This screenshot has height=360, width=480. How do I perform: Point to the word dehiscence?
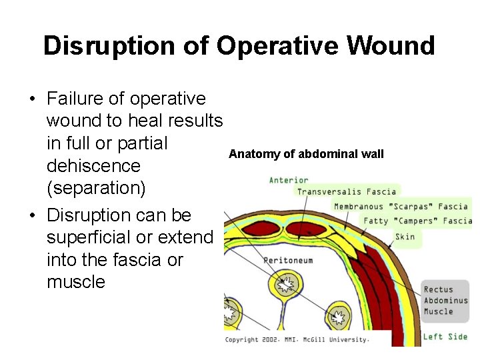pyautogui.click(x=93, y=165)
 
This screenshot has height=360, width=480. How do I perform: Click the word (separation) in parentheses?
pyautogui.click(x=96, y=188)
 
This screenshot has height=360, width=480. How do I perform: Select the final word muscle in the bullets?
pyautogui.click(x=76, y=281)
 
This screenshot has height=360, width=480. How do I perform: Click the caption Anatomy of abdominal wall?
pyautogui.click(x=306, y=154)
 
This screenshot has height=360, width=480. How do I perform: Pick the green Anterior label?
pyautogui.click(x=289, y=180)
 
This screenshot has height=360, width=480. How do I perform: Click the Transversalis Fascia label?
pyautogui.click(x=347, y=192)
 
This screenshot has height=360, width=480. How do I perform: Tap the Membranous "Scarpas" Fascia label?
pyautogui.click(x=401, y=207)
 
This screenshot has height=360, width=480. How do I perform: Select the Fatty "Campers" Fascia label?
pyautogui.click(x=417, y=221)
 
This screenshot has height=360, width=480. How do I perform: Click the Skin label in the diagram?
pyautogui.click(x=405, y=236)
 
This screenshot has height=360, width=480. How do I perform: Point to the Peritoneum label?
pyautogui.click(x=288, y=260)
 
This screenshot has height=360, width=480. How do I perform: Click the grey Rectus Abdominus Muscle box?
pyautogui.click(x=445, y=300)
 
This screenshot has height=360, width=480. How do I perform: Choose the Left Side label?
pyautogui.click(x=445, y=337)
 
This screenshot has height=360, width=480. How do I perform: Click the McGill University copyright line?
pyautogui.click(x=297, y=339)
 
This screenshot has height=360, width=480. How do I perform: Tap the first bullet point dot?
pyautogui.click(x=31, y=99)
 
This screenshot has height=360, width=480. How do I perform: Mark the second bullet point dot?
pyautogui.click(x=31, y=216)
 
